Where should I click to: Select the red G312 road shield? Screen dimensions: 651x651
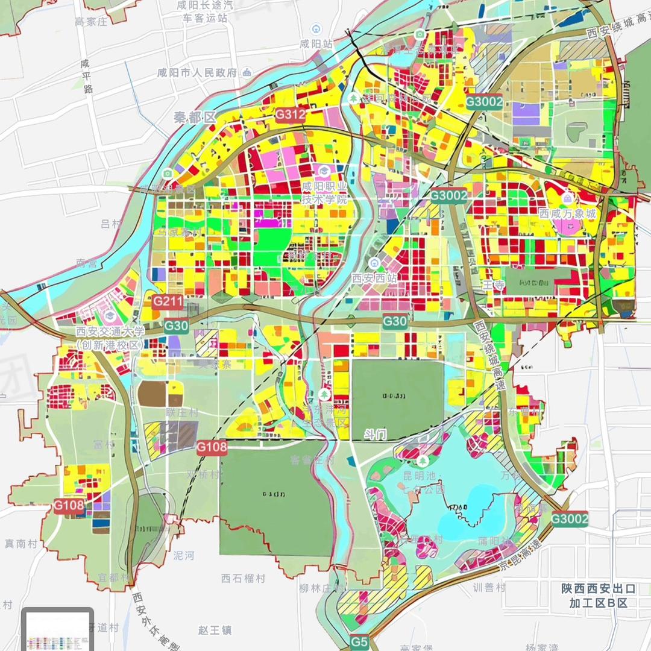(x=291, y=115)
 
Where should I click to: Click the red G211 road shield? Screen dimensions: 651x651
(x=168, y=302)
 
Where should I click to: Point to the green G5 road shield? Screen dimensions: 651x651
(x=359, y=643)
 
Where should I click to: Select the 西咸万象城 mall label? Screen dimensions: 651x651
(x=567, y=213)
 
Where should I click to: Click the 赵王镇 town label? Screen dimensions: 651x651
(x=215, y=630)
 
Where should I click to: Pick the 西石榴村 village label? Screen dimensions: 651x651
(x=243, y=578)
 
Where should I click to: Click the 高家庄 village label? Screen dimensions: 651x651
(x=90, y=22)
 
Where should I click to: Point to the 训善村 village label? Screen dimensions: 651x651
(x=489, y=587)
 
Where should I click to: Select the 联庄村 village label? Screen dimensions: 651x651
(x=182, y=413)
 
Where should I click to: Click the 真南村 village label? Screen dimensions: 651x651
(x=21, y=544)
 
